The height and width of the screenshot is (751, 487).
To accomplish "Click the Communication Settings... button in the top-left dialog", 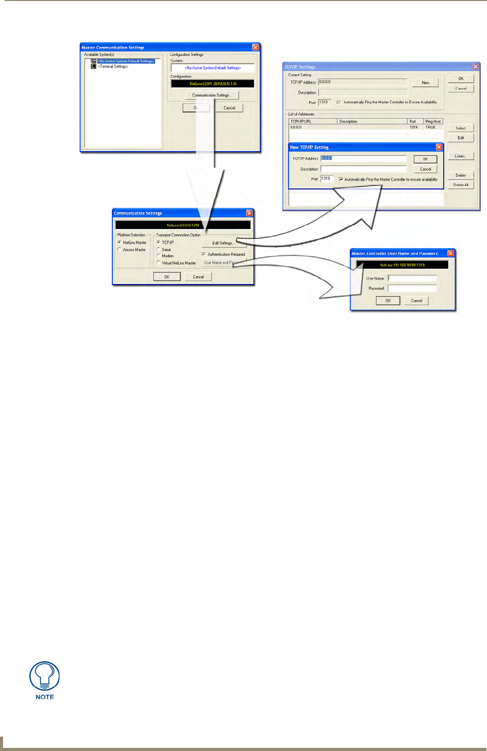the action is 212,96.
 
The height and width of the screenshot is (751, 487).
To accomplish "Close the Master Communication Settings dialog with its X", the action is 255,47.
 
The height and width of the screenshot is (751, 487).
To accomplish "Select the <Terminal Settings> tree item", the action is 113,66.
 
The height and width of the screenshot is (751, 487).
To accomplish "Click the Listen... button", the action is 460,156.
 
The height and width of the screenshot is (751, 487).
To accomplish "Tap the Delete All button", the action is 460,185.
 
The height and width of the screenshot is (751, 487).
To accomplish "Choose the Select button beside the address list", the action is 460,128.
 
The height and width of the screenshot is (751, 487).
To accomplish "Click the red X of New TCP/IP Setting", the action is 439,147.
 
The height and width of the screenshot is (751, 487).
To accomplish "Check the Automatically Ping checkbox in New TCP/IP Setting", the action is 341,179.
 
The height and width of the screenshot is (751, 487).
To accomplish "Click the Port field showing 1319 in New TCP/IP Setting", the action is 327,179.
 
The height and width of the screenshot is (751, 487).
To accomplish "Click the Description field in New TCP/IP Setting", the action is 363,169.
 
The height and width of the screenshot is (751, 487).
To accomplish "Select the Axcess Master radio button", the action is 120,250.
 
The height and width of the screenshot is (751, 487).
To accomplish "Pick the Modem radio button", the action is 159,256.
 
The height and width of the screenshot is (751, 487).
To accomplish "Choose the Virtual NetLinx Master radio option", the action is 159,263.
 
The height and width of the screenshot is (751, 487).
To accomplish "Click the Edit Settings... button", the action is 224,243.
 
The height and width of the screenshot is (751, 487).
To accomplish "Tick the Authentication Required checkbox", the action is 204,254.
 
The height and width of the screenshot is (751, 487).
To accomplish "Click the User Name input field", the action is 412,278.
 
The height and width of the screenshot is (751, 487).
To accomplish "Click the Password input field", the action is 412,289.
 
